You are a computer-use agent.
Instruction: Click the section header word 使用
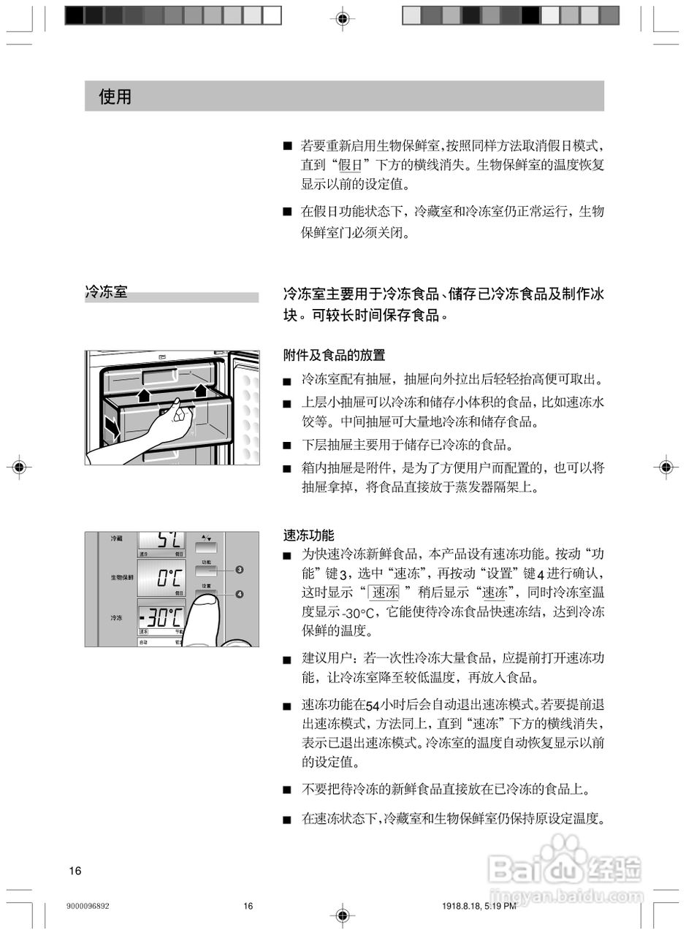pos(115,96)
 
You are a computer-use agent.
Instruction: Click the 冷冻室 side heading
pos(106,292)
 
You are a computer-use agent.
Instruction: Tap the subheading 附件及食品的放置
pos(334,355)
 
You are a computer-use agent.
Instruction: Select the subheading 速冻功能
pos(308,535)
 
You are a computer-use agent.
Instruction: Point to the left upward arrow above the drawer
pos(145,395)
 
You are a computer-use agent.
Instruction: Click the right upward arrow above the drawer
pos(201,391)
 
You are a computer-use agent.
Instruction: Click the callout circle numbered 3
pos(240,569)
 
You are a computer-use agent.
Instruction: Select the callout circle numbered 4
pos(240,594)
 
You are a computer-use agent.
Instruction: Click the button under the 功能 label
pos(206,571)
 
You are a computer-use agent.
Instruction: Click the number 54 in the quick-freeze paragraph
pos(372,706)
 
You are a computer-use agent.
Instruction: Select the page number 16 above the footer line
pos(75,870)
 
